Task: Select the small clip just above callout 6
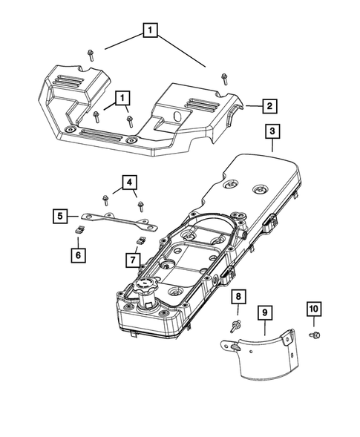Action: [x=79, y=231]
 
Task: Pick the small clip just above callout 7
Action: [x=138, y=241]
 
